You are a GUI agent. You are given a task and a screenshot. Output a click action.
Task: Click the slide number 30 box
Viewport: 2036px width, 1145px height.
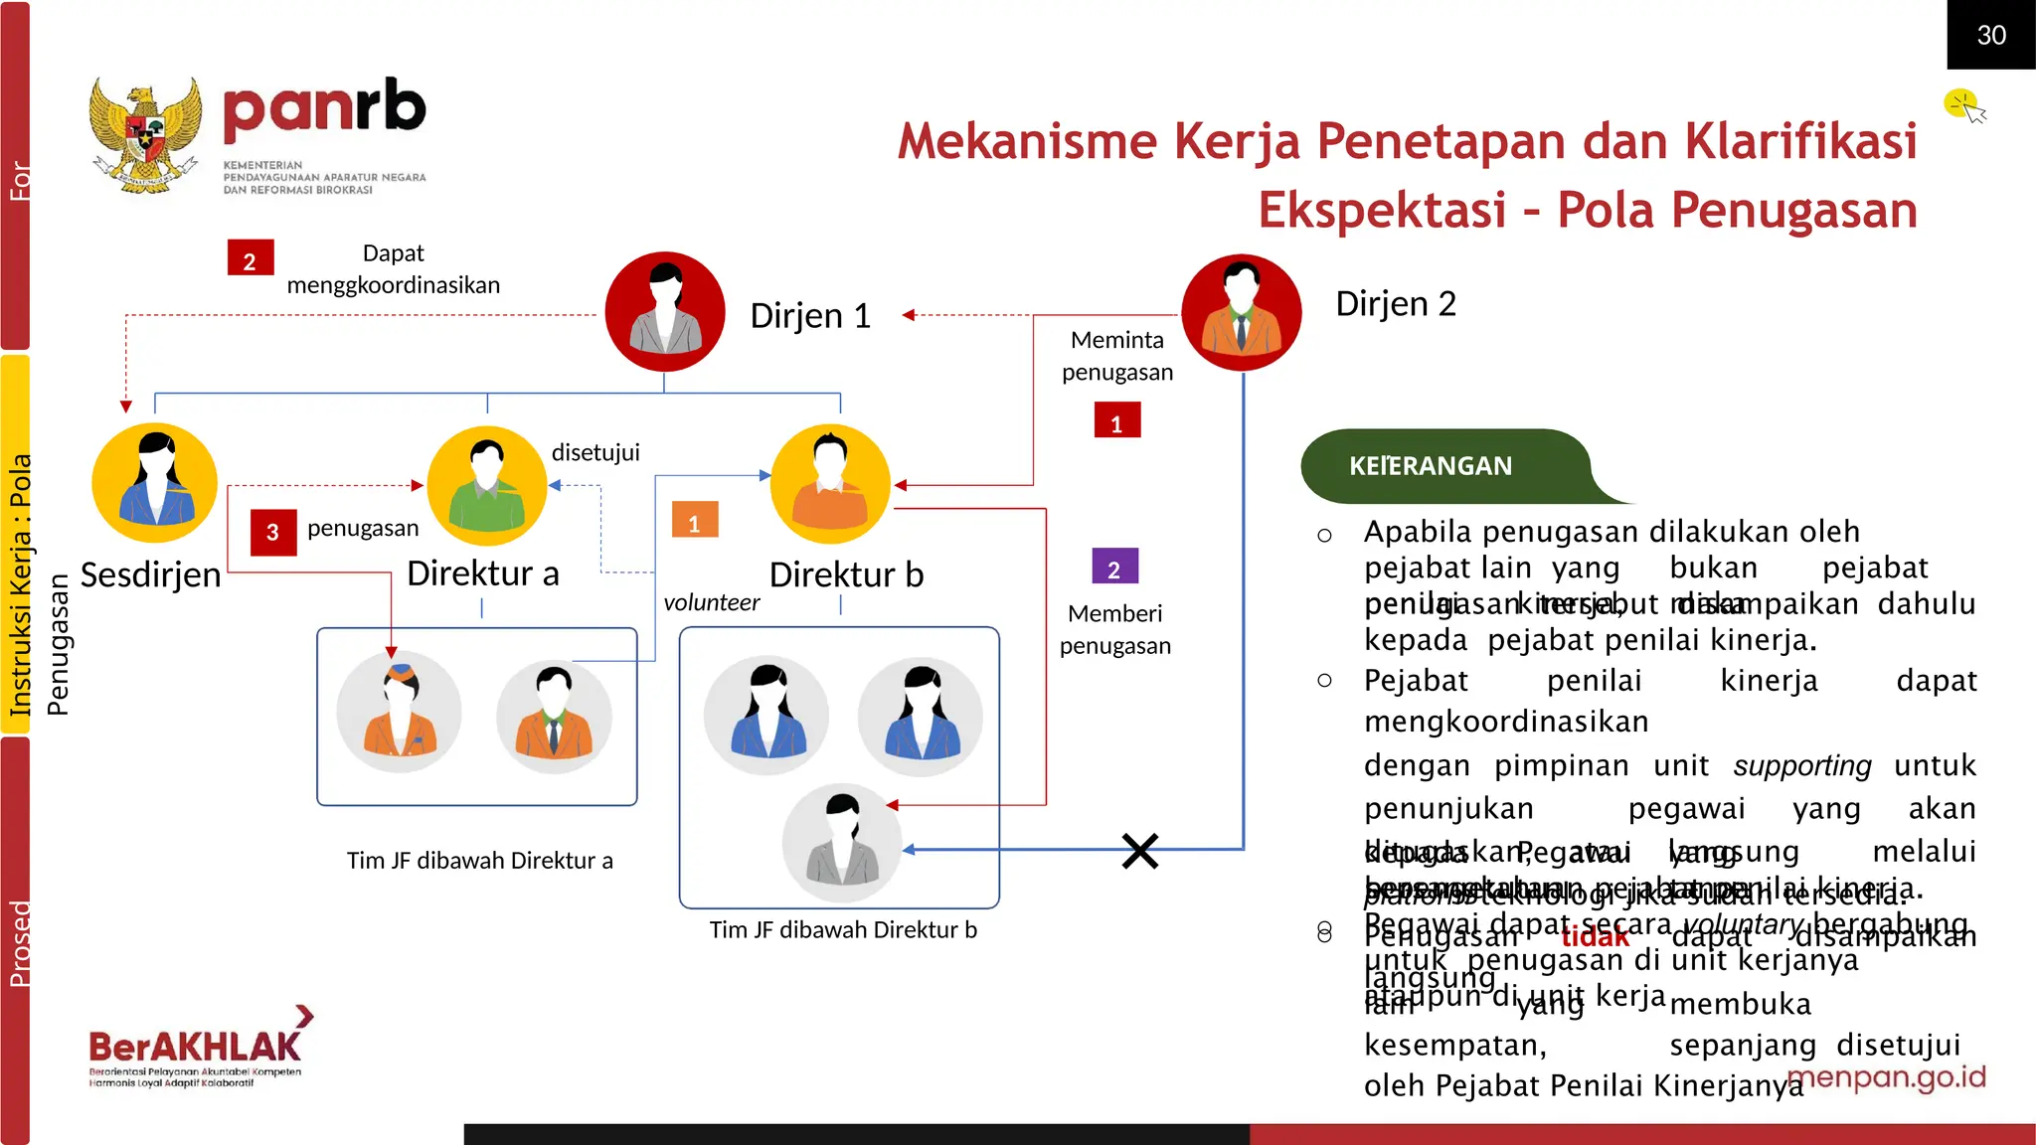point(1990,35)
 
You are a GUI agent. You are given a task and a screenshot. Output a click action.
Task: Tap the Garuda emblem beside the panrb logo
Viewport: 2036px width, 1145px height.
point(145,135)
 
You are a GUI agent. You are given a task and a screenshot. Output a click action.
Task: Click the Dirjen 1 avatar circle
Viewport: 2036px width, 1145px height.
point(665,311)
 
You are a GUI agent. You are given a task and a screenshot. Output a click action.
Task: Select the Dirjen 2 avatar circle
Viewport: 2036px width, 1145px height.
point(1241,312)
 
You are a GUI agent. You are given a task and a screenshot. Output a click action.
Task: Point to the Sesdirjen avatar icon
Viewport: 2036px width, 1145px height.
point(154,483)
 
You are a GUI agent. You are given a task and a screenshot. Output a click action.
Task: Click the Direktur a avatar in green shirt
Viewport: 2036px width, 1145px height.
point(487,486)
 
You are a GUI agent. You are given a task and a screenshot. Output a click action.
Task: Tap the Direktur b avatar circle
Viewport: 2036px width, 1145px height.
point(830,484)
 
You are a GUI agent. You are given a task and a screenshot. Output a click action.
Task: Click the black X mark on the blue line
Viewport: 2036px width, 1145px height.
point(1140,851)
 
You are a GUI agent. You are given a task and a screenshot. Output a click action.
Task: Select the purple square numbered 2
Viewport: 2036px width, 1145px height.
point(1114,568)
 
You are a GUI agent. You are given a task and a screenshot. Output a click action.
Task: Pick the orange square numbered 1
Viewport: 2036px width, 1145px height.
point(694,521)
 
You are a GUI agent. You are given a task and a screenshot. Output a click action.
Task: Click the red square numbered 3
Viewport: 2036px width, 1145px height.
point(273,532)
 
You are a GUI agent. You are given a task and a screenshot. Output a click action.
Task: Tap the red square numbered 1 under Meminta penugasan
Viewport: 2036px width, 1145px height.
point(1116,421)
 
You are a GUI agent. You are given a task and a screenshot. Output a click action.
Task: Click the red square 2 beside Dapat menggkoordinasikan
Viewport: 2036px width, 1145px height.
point(250,258)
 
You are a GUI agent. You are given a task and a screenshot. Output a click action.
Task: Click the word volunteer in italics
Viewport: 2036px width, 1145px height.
point(711,602)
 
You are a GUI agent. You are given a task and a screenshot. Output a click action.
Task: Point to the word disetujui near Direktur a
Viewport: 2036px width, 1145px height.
point(595,452)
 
